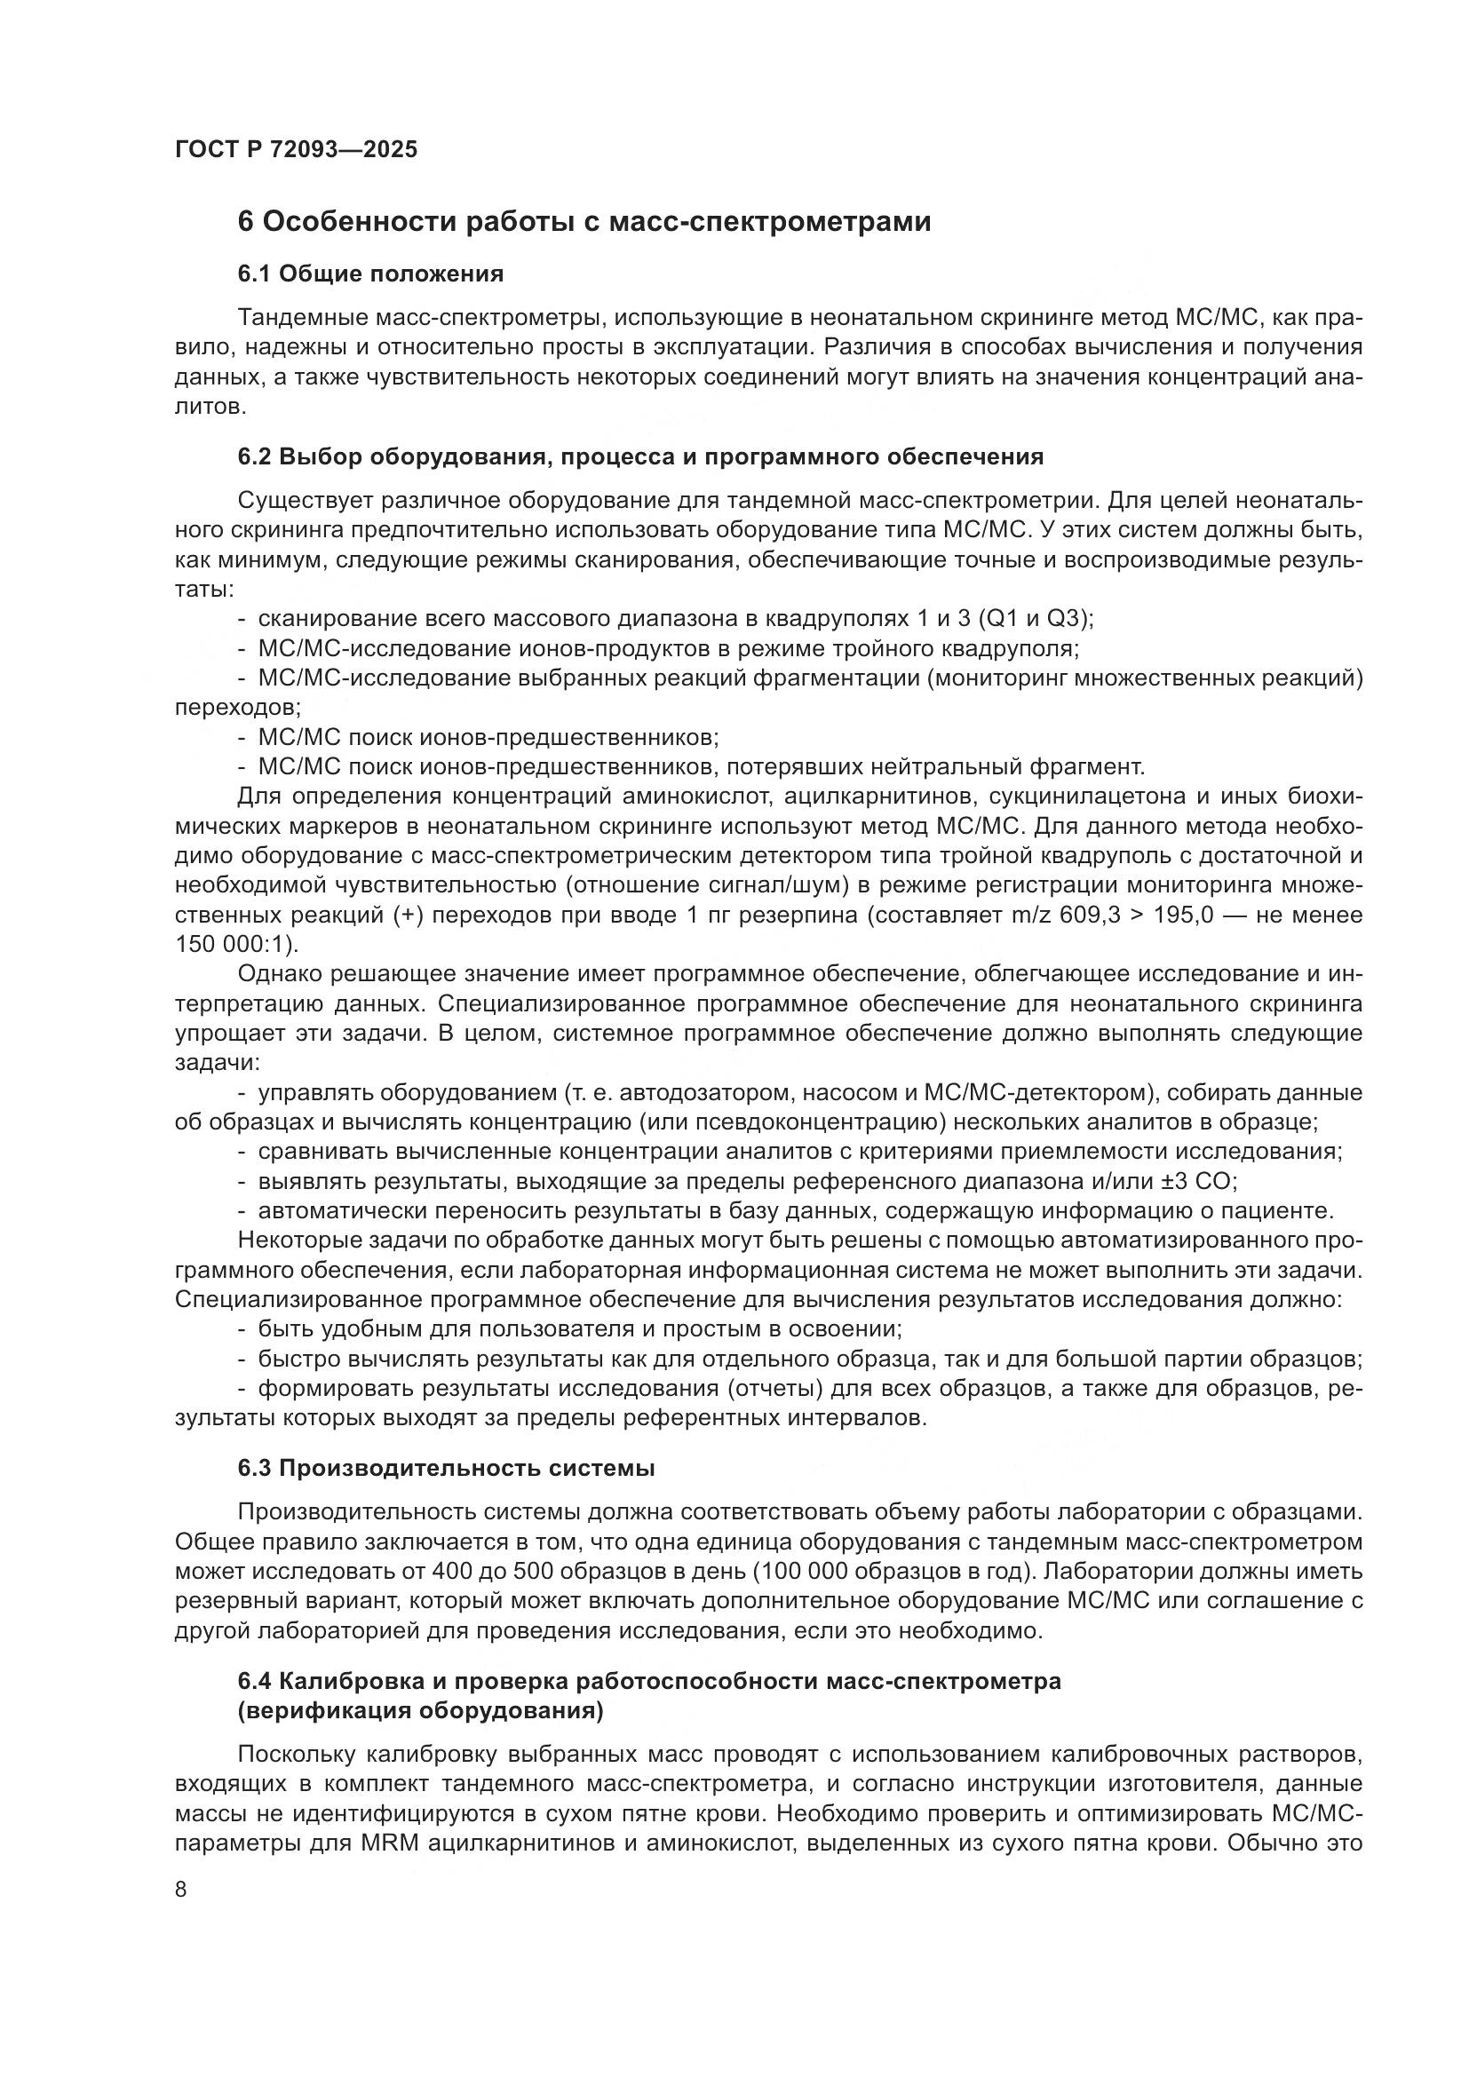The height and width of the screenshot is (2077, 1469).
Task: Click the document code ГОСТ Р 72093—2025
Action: pos(296,150)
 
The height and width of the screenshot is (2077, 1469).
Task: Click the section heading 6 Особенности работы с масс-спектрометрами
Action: pos(584,222)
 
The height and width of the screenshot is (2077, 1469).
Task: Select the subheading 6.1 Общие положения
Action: pos(370,273)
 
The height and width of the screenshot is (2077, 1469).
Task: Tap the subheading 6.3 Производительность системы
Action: pos(446,1467)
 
